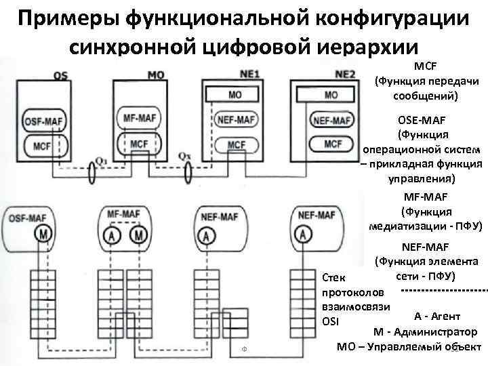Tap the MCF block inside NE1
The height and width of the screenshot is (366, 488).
point(237,144)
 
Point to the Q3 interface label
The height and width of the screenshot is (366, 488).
point(102,161)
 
